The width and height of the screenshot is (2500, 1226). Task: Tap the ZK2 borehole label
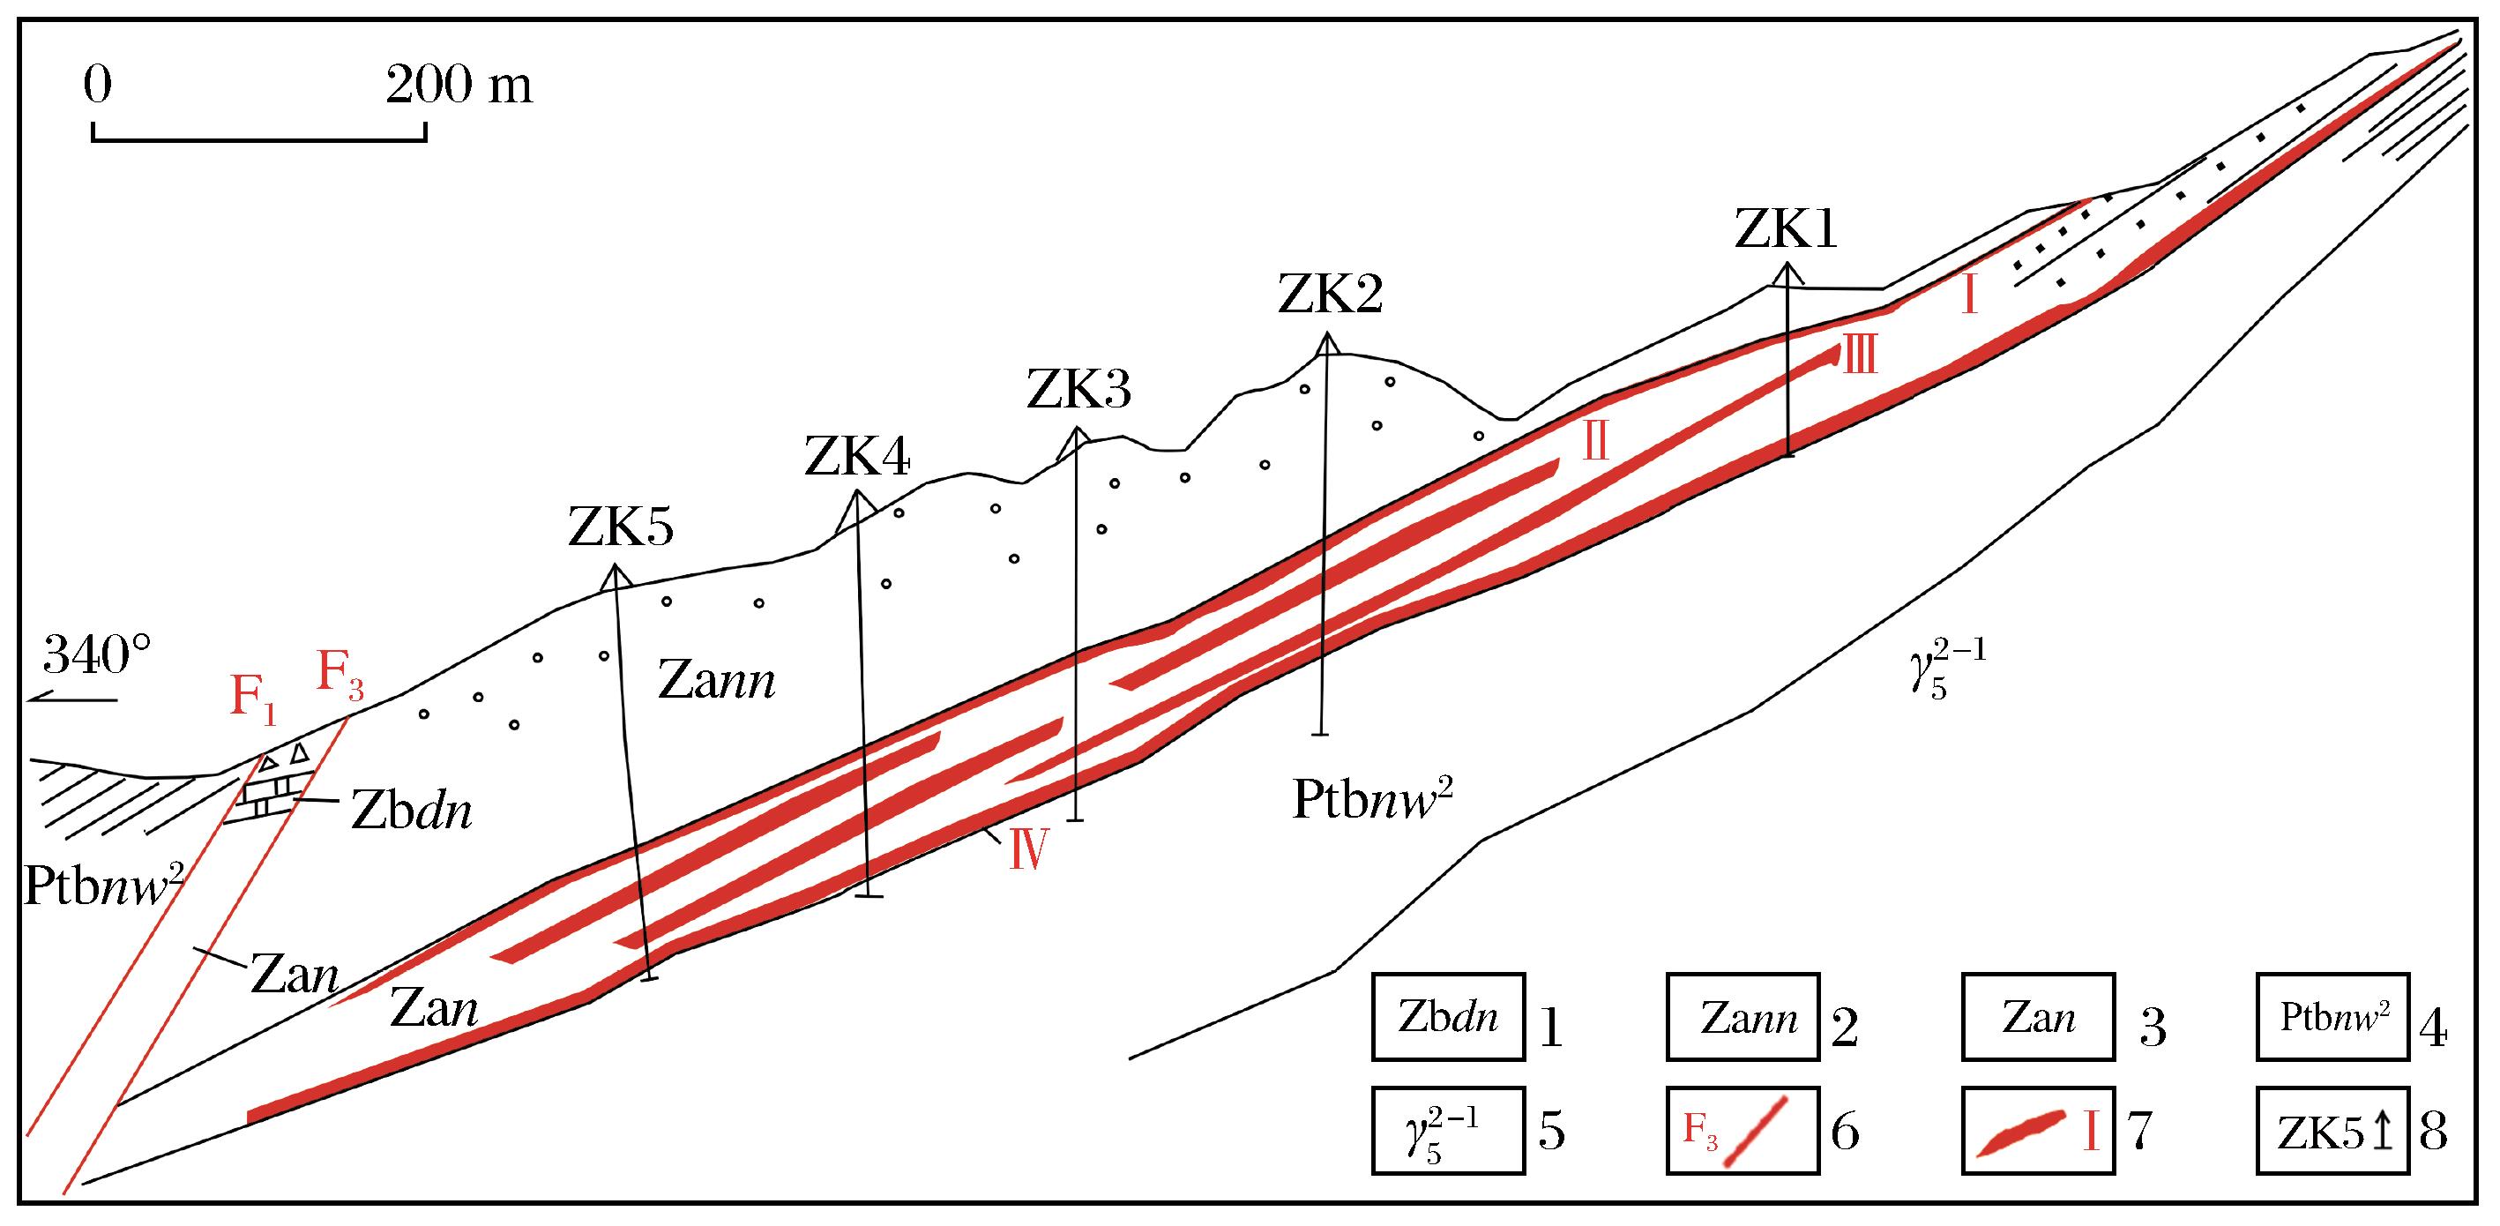pos(1330,294)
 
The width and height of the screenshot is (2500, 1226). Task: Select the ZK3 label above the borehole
pos(1078,390)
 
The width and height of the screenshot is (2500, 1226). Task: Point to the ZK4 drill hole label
pos(857,456)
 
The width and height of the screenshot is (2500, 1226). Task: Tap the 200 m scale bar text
pos(459,87)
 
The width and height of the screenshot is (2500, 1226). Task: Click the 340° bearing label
pos(97,655)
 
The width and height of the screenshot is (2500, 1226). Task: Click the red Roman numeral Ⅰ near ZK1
pos(1969,295)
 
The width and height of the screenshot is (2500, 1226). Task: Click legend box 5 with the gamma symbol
pos(1448,1132)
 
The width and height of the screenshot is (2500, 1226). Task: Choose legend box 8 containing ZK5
pos(2332,1132)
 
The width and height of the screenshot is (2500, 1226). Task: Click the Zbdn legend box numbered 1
pos(1448,1017)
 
